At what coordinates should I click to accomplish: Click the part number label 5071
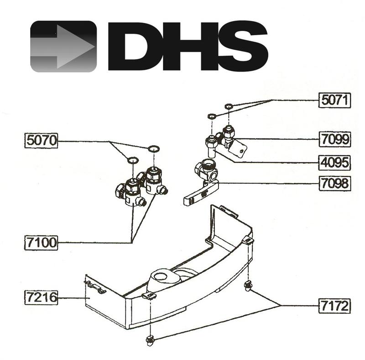(x=334, y=100)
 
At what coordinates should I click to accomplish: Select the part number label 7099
(x=334, y=139)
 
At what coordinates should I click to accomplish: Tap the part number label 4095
(x=334, y=162)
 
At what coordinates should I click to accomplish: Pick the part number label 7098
(x=334, y=184)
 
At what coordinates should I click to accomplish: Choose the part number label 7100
(x=41, y=242)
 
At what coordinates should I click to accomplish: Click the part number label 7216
(x=41, y=298)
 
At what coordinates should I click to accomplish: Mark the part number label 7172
(x=334, y=305)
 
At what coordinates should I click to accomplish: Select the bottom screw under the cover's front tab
(x=150, y=339)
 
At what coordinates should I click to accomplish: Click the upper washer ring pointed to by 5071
(x=229, y=107)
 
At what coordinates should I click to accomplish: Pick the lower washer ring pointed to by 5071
(x=211, y=116)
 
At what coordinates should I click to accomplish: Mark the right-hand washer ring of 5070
(x=153, y=148)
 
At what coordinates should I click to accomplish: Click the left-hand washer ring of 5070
(x=132, y=160)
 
